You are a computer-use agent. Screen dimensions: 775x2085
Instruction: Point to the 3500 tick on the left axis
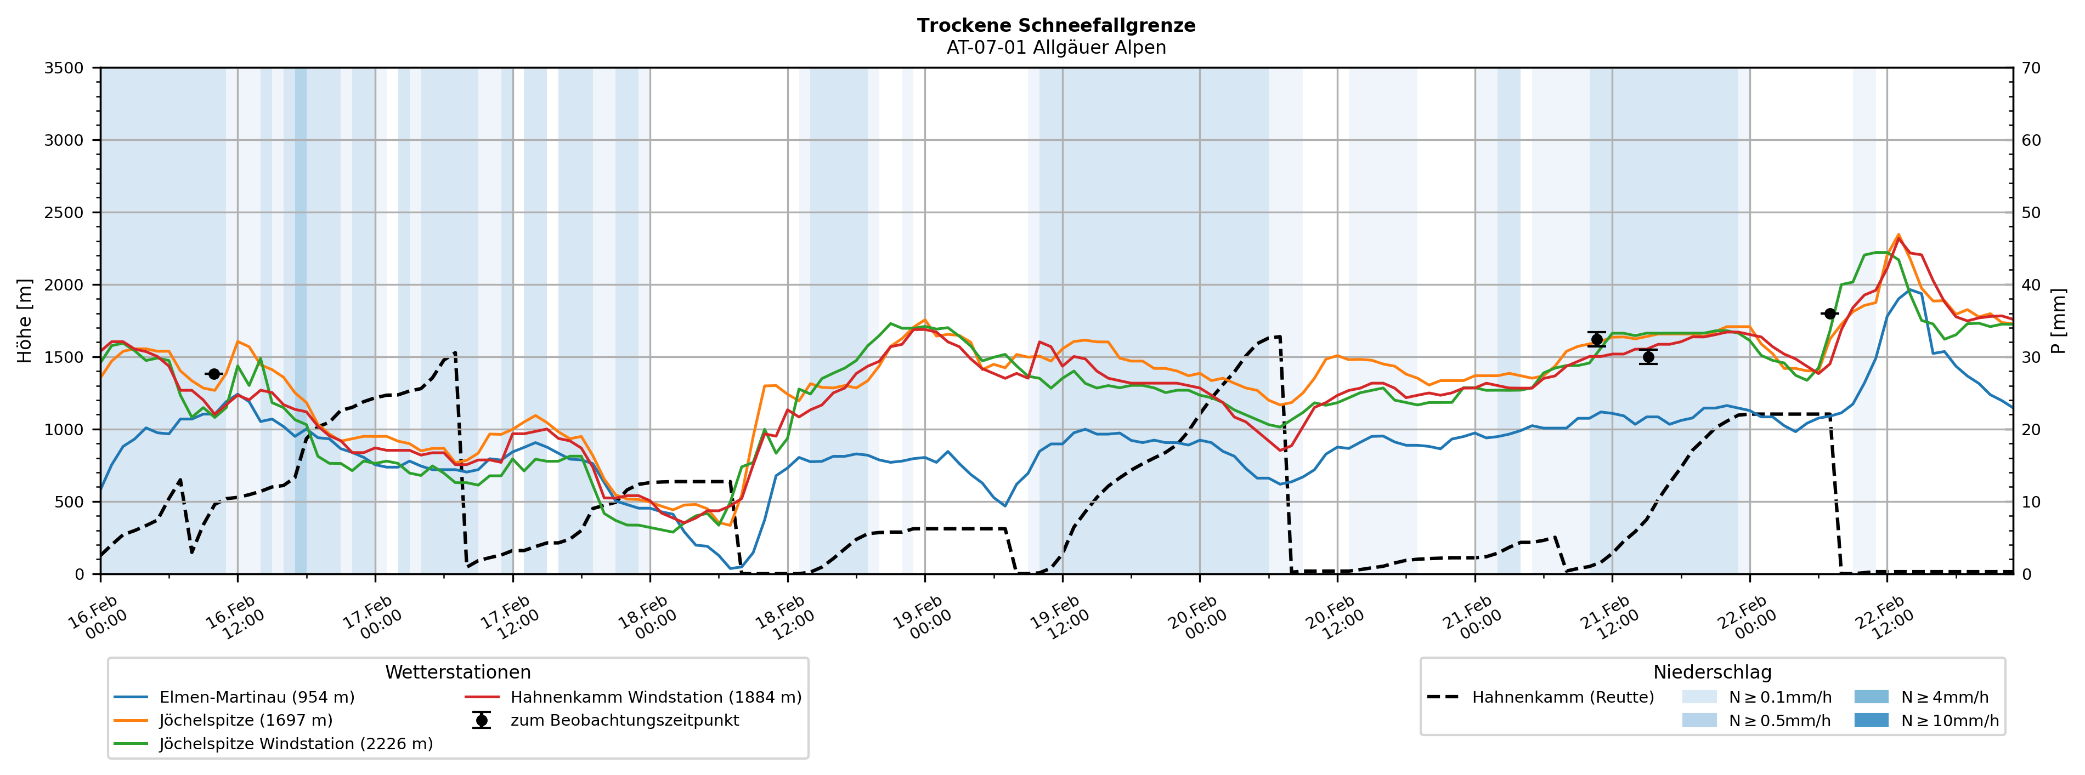point(64,68)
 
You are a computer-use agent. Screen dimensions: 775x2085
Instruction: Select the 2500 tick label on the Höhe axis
point(64,213)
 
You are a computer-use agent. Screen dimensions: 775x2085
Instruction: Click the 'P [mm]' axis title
point(2058,321)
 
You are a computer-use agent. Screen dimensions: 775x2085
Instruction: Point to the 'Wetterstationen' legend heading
point(457,673)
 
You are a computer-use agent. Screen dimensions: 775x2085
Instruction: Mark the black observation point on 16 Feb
point(214,374)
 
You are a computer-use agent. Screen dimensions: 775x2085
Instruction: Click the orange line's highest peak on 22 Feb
point(1898,235)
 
